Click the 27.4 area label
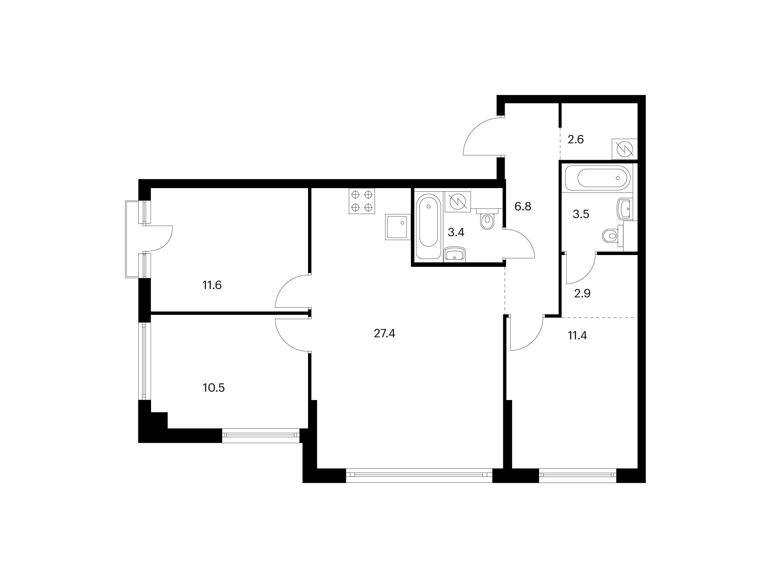(384, 333)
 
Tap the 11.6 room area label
(212, 285)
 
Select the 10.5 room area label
(213, 388)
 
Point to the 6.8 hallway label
(523, 206)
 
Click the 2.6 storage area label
(575, 140)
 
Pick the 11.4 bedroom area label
(577, 336)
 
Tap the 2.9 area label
(582, 293)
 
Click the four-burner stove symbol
(362, 201)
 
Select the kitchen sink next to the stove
(398, 227)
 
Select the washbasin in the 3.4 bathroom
(455, 254)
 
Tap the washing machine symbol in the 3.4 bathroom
(457, 202)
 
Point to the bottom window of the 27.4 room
(419, 476)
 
